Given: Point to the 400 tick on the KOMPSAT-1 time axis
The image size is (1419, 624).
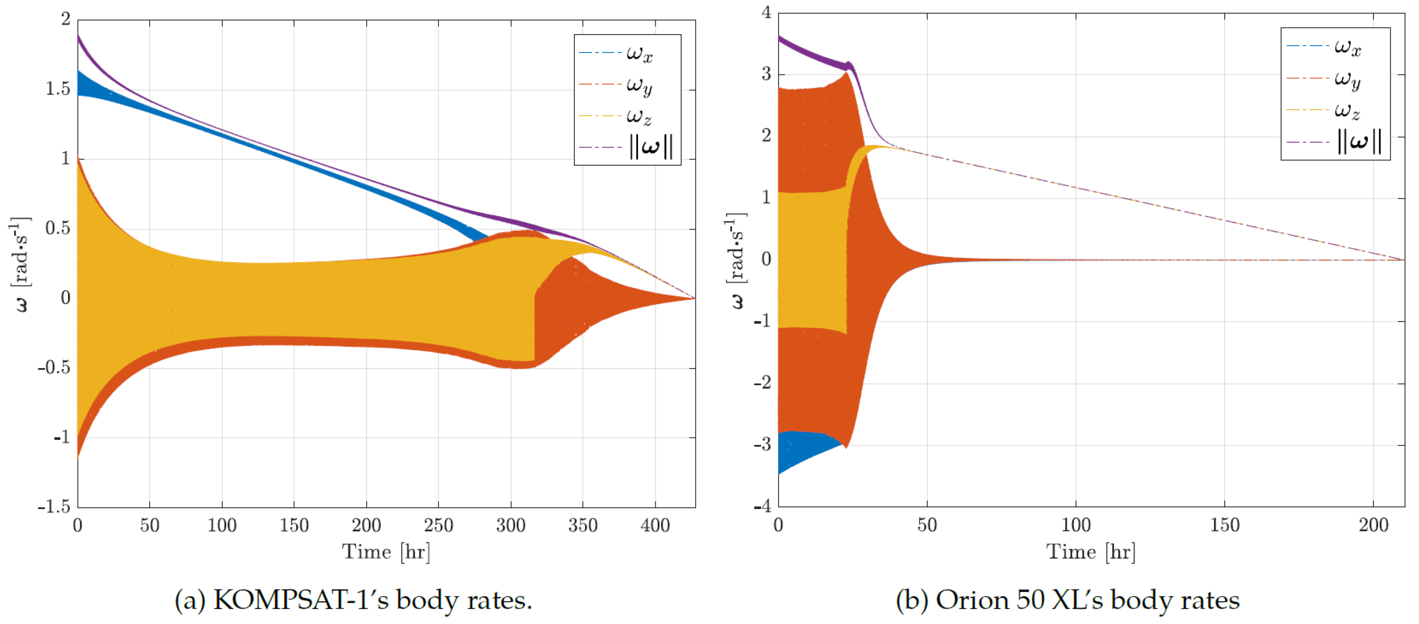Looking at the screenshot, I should pos(655,525).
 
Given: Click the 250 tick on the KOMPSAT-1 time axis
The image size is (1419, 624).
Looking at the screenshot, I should pos(438,525).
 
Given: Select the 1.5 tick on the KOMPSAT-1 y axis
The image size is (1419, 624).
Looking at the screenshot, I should pos(58,89).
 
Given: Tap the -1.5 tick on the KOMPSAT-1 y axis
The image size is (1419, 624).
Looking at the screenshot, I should pos(55,507).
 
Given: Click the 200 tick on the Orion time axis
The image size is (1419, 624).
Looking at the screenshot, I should pos(1373,525).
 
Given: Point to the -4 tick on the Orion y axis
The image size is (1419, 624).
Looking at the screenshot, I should pos(763,505).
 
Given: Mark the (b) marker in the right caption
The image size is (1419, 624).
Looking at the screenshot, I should pos(912,600).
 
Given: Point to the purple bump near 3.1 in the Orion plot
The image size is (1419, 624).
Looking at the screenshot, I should pos(849,66).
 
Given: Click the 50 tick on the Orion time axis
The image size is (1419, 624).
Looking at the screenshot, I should pos(927,525).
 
